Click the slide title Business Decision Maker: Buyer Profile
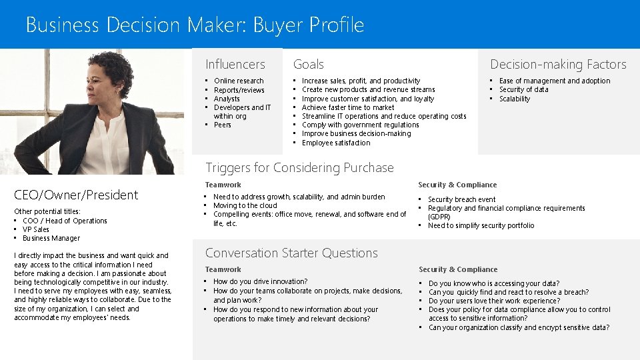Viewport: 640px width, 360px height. [x=195, y=25]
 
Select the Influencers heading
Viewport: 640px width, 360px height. [x=235, y=65]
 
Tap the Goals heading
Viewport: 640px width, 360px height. [x=309, y=65]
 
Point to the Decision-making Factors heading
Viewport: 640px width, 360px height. [x=558, y=65]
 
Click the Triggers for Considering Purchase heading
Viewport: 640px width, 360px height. [x=299, y=168]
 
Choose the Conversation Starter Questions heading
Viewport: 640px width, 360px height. [x=291, y=253]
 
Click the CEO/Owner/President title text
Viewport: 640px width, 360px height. [x=76, y=195]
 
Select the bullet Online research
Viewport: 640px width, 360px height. [x=239, y=81]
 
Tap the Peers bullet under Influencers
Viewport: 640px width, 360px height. [x=223, y=125]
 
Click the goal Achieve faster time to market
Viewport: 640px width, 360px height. [x=348, y=107]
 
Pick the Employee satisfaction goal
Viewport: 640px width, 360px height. [x=336, y=143]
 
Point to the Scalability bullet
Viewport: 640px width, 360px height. [x=515, y=99]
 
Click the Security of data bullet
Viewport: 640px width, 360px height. [x=524, y=89]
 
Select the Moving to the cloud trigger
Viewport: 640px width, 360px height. [x=245, y=205]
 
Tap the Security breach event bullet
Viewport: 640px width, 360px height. [x=461, y=199]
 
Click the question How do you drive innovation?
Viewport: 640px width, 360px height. [x=260, y=281]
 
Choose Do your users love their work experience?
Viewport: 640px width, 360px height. [x=494, y=301]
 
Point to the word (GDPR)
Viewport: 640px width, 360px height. [x=439, y=217]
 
